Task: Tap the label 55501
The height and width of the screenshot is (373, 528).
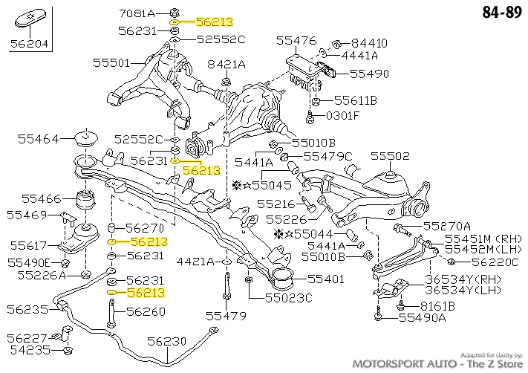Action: tap(112, 64)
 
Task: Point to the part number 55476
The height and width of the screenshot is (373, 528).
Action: tap(296, 40)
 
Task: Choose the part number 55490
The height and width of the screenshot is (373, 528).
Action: tap(369, 74)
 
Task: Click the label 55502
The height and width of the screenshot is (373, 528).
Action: tap(390, 156)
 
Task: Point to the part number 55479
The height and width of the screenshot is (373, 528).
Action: tap(226, 316)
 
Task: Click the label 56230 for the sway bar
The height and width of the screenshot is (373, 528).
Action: tap(166, 341)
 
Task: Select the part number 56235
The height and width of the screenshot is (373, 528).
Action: tap(27, 309)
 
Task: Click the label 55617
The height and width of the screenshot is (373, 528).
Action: tap(27, 244)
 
